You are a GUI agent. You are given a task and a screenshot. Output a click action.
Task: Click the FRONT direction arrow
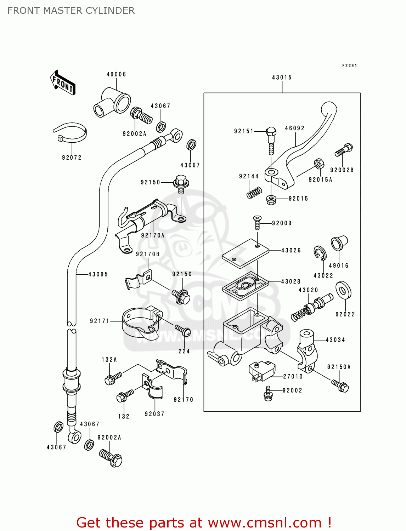click(x=63, y=82)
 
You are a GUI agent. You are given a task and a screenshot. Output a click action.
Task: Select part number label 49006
click(x=116, y=74)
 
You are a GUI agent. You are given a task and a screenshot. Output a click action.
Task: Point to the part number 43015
click(x=282, y=78)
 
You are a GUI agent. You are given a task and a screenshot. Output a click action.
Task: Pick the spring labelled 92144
click(x=254, y=193)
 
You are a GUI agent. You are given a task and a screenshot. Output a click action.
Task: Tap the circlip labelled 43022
click(x=320, y=253)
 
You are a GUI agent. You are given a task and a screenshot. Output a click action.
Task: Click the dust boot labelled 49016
click(x=339, y=243)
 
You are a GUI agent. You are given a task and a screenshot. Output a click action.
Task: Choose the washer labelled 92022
click(x=343, y=290)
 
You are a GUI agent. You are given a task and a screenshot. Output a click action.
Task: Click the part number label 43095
click(x=98, y=274)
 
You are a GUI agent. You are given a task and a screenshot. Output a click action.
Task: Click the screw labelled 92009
click(x=257, y=223)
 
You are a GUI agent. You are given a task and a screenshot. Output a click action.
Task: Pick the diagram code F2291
click(x=349, y=66)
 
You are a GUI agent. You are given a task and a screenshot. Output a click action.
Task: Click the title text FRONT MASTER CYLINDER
click(x=71, y=11)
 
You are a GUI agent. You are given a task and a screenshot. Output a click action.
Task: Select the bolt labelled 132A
click(x=113, y=378)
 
